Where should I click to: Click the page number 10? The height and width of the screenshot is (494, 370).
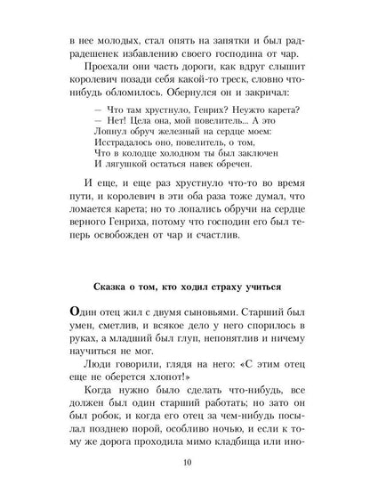coord(185,463)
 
